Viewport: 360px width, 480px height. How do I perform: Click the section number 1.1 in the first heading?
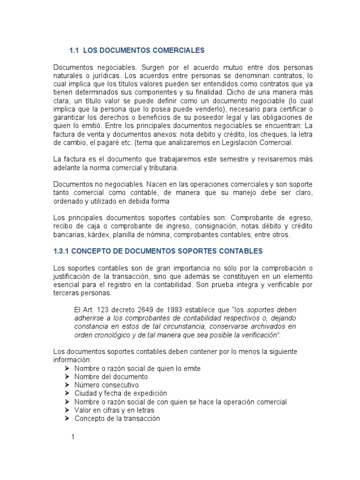(74, 50)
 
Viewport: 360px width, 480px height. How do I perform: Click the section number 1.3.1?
(63, 251)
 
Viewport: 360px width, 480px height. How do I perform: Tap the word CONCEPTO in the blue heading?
(92, 251)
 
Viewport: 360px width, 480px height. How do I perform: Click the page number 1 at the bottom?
(73, 437)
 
